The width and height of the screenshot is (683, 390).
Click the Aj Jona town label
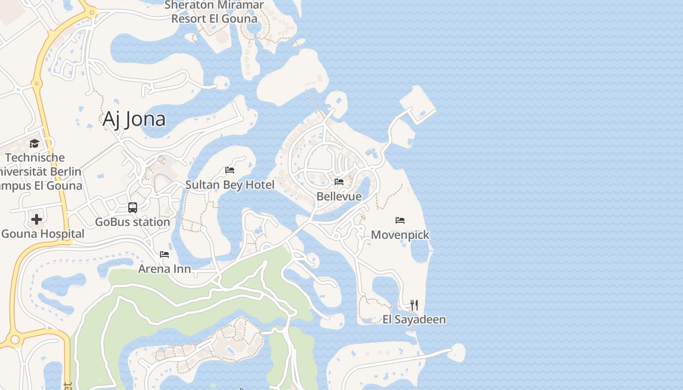(x=134, y=119)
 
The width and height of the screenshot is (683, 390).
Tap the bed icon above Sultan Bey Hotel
(x=230, y=170)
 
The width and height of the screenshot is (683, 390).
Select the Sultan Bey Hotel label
(x=230, y=185)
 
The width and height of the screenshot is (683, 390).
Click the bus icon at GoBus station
(x=133, y=207)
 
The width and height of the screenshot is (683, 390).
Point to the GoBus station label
(x=133, y=222)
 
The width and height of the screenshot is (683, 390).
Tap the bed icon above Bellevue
(x=339, y=182)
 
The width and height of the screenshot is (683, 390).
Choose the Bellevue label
(x=339, y=196)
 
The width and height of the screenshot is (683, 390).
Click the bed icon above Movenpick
(x=400, y=220)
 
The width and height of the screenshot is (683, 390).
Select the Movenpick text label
(x=400, y=235)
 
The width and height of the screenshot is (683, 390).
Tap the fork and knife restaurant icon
(x=414, y=305)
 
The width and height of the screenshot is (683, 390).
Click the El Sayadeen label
(x=414, y=320)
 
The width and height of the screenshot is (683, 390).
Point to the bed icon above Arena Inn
(x=164, y=254)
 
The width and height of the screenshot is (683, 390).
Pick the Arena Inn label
(x=164, y=269)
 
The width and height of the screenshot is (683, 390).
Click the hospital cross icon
(x=37, y=219)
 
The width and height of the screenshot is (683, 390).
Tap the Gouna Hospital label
(x=42, y=234)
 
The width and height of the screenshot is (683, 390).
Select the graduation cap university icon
(x=34, y=143)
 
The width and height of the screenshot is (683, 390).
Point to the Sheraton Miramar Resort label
(x=214, y=12)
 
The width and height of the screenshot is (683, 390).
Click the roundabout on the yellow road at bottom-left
(x=15, y=339)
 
